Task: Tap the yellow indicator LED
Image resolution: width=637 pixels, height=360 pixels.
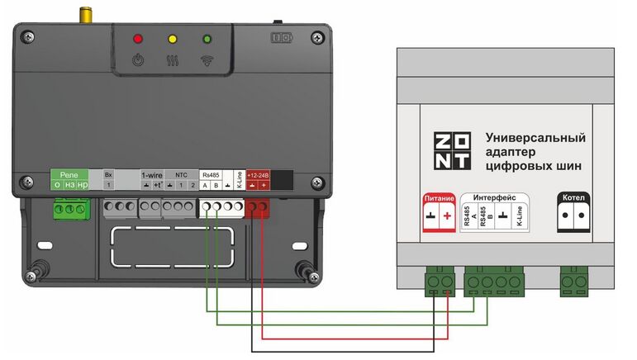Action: pos(173,38)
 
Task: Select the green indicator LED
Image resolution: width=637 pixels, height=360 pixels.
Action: pos(207,38)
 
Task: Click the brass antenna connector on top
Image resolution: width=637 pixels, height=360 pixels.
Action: pos(84,15)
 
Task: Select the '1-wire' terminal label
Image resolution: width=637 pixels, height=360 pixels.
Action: pos(152,175)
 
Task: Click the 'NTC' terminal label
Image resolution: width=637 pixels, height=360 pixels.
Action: pos(181,175)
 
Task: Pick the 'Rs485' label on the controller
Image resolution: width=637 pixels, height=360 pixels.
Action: pos(211,175)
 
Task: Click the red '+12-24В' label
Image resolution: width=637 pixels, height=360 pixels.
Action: pos(259,175)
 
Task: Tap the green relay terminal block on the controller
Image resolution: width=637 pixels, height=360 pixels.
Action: pos(69,210)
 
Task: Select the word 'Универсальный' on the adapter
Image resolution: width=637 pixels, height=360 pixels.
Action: pos(535,137)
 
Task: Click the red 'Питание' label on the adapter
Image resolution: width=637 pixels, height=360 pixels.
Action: pos(438,199)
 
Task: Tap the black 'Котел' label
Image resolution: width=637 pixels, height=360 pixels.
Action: pos(573,199)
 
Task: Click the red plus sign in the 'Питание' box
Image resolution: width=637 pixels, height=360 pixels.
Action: pos(447,217)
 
